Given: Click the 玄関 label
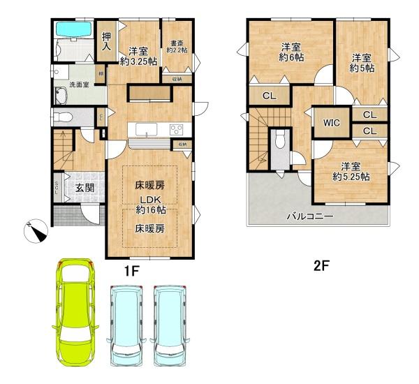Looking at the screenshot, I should (85, 187).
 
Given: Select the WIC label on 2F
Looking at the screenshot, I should (331, 123).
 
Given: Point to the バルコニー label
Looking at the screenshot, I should (310, 216).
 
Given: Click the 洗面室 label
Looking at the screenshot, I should (78, 85).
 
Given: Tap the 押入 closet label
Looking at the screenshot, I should (107, 42).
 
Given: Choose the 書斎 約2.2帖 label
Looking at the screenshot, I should (177, 45).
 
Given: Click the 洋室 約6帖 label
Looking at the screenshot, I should (291, 52).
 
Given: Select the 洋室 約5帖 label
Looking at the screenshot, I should (361, 63).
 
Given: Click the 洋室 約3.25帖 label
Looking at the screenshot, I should (138, 56).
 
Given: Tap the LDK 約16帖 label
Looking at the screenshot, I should (150, 204).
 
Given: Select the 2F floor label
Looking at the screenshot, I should (321, 265).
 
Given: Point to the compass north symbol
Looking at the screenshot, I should (37, 230).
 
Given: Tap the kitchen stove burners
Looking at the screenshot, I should (176, 128).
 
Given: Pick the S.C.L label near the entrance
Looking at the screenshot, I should (58, 187).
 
